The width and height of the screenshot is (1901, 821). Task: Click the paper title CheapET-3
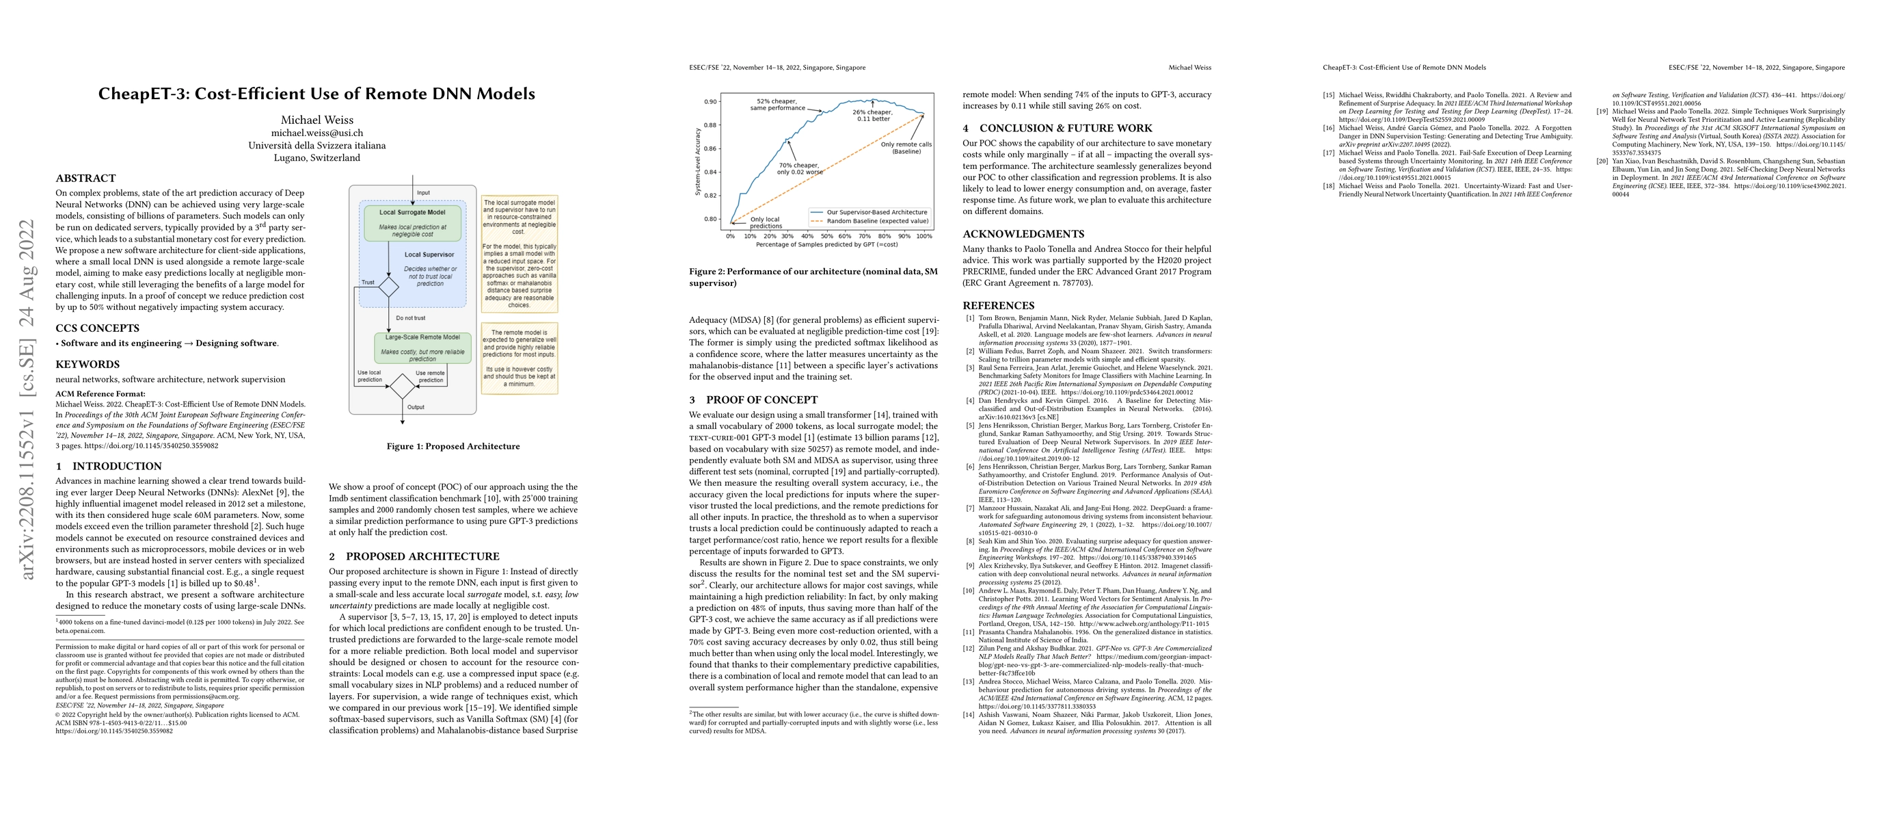coord(316,94)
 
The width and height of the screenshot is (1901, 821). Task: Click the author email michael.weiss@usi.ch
coord(316,133)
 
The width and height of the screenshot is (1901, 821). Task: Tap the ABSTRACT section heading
coord(85,178)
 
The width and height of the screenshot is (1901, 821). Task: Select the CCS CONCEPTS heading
coord(98,328)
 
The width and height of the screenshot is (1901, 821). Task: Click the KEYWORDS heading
coord(87,364)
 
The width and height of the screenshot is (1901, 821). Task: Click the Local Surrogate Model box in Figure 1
coord(412,222)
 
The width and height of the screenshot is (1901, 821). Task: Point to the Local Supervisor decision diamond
coord(388,287)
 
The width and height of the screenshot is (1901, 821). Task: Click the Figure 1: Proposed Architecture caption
coord(453,446)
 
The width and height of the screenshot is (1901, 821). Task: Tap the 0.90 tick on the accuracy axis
coord(710,102)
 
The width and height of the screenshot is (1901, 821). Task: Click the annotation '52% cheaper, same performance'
coord(777,104)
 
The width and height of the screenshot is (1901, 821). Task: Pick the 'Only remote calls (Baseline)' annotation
coord(906,148)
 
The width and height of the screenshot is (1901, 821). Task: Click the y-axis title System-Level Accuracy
coord(697,161)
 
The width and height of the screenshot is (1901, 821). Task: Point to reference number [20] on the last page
coord(1602,161)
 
